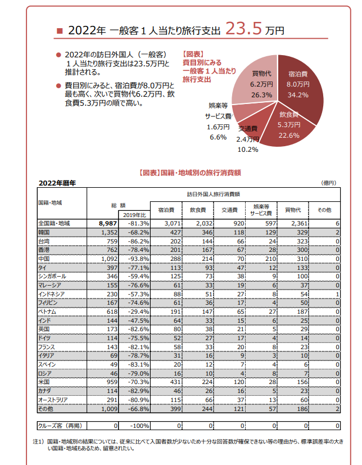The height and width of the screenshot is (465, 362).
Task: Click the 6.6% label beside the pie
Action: click(x=218, y=138)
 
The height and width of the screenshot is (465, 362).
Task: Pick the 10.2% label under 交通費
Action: click(x=248, y=150)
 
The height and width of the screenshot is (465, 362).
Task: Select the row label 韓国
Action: click(x=44, y=232)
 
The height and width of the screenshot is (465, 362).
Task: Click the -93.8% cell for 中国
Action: click(x=135, y=259)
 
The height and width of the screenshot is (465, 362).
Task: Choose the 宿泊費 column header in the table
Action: click(x=166, y=210)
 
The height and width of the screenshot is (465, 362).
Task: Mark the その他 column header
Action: click(x=325, y=210)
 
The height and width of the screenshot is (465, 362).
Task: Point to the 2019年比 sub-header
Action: click(x=135, y=215)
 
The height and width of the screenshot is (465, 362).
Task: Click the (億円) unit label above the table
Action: click(x=328, y=183)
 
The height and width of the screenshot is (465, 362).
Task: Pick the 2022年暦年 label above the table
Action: click(x=57, y=183)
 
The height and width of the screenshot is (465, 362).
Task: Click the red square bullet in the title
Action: click(x=60, y=30)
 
